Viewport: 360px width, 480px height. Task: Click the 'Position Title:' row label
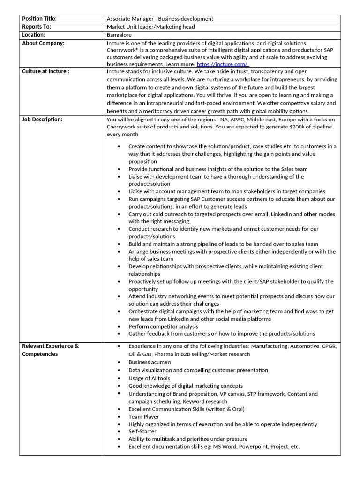click(x=39, y=19)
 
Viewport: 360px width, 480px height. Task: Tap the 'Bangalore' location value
click(x=119, y=35)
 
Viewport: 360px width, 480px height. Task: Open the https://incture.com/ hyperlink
click(x=222, y=64)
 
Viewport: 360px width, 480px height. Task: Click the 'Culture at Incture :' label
click(x=45, y=71)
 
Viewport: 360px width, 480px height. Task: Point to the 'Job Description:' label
click(x=42, y=120)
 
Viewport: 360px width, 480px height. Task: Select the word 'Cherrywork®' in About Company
click(x=123, y=50)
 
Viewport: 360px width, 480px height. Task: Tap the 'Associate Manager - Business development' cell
click(x=160, y=19)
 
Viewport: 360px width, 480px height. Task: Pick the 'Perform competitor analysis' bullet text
click(x=163, y=326)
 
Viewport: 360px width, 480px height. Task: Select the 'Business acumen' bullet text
click(x=150, y=362)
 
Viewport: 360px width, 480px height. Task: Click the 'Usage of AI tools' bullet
click(x=149, y=378)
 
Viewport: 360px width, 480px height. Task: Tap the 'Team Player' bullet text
click(x=143, y=416)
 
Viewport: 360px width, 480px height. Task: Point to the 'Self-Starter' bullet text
click(x=142, y=431)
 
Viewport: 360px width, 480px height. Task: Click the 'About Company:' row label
click(x=43, y=43)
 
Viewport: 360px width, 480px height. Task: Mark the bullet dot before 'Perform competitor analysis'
click(x=119, y=326)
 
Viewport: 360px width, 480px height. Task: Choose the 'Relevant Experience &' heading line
click(x=51, y=346)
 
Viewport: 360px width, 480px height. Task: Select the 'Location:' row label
click(x=34, y=35)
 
